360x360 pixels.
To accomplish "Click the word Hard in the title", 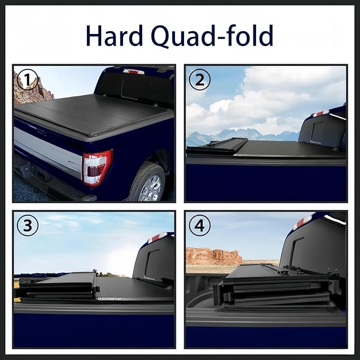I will point(115,36).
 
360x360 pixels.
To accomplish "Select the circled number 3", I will point(28,226).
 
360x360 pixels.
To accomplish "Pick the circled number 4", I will point(199,226).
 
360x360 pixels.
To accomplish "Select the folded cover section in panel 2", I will point(217,146).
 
